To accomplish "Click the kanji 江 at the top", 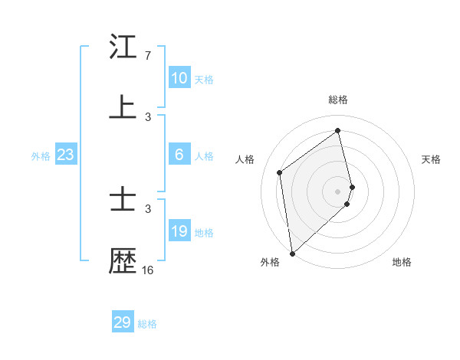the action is click(123, 47).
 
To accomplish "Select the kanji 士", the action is click(123, 200).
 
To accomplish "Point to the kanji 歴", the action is click(123, 260).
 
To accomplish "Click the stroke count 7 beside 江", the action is click(148, 56).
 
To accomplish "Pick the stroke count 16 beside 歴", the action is click(148, 270).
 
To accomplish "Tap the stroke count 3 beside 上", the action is click(148, 116).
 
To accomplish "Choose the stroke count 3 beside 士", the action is click(148, 208).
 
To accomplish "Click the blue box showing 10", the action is click(179, 77).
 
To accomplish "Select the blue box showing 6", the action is click(179, 155).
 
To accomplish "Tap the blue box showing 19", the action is click(179, 231).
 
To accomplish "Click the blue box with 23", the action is click(65, 155).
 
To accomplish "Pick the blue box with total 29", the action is click(122, 322).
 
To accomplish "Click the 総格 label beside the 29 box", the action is click(147, 324).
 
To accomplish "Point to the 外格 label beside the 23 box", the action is click(41, 156).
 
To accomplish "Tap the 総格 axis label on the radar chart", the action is click(338, 100).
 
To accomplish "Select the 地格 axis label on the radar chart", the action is click(402, 262).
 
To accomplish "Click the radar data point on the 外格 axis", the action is click(291, 253).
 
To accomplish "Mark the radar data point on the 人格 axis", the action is click(280, 172).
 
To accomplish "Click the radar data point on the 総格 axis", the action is click(338, 131).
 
